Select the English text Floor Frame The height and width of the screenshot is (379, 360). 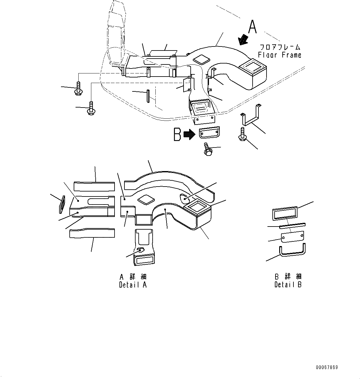(280, 55)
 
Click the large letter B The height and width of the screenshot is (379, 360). (177, 134)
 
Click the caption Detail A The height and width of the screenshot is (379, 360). (133, 285)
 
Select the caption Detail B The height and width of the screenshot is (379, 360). (288, 284)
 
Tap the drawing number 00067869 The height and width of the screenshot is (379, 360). (327, 368)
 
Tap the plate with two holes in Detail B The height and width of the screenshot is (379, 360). (292, 237)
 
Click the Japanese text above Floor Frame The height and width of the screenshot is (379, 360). (280, 47)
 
